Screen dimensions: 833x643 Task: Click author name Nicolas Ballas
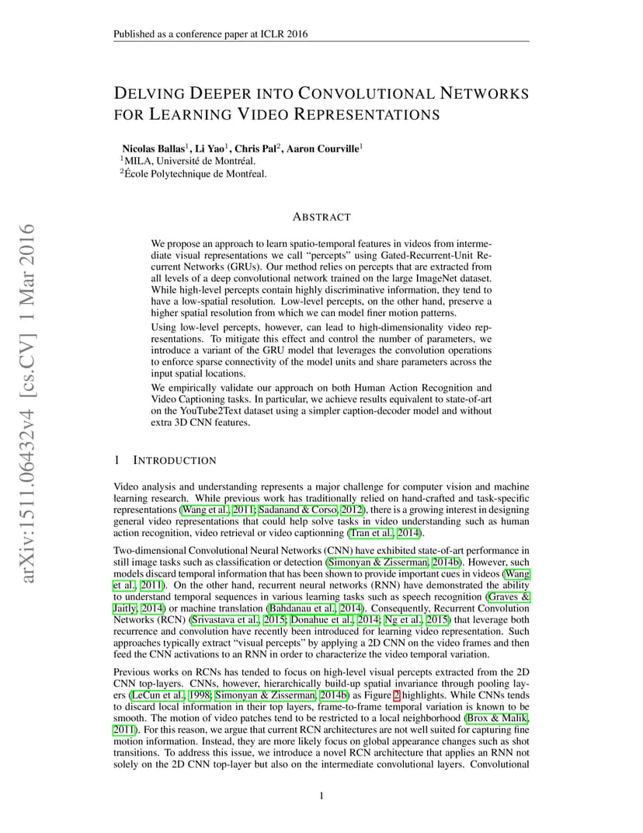(152, 148)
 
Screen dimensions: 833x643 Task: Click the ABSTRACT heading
(321, 217)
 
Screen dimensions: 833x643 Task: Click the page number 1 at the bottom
(321, 795)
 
